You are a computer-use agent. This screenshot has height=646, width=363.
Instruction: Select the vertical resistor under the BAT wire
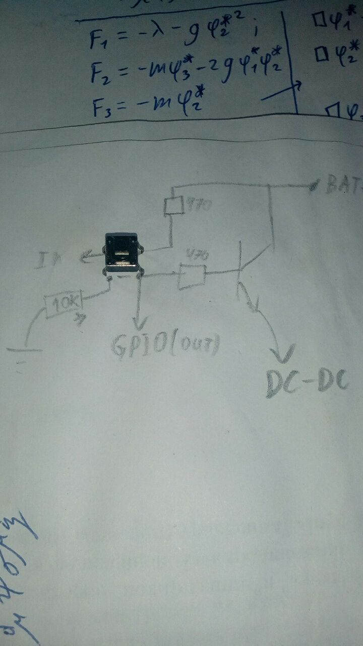click(173, 206)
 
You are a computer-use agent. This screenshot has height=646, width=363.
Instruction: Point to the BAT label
click(343, 185)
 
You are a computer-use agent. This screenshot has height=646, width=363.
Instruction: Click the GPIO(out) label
click(166, 345)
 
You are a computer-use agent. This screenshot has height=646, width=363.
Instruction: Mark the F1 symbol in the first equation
click(98, 39)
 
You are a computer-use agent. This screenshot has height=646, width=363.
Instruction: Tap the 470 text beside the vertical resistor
click(197, 206)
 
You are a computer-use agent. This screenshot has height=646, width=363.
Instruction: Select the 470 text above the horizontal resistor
click(195, 254)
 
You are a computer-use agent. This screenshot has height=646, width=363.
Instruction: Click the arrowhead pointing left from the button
click(84, 259)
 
